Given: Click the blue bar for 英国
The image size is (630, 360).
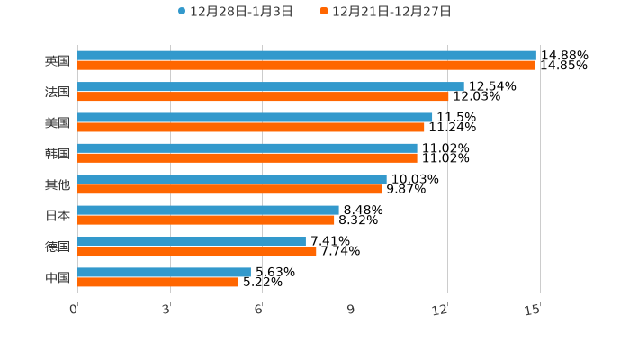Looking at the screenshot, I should [306, 56].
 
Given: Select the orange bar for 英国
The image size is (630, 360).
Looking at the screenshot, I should [306, 66].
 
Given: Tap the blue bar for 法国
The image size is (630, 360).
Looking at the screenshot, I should [270, 86].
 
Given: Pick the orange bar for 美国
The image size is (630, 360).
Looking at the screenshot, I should [250, 127].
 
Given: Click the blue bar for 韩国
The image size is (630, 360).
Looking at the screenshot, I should [247, 148].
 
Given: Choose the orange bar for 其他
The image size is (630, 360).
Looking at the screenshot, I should [229, 189].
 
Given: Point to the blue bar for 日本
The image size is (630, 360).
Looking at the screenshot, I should [208, 210].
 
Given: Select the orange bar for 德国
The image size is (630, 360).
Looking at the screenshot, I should [196, 251].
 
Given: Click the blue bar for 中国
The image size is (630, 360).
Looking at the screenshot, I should [164, 272].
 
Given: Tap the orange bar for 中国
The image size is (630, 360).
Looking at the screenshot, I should [157, 282].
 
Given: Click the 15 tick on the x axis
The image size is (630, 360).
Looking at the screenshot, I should [533, 310].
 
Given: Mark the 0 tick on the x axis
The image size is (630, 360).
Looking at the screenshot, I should [75, 310].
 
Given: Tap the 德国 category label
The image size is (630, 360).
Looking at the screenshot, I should [58, 247].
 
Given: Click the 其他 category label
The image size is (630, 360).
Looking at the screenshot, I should [58, 184].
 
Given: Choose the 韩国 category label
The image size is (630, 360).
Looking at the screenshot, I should [58, 153].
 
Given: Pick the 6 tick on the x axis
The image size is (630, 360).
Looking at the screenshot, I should [259, 310].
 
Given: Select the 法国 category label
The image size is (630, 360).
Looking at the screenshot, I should [58, 92].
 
